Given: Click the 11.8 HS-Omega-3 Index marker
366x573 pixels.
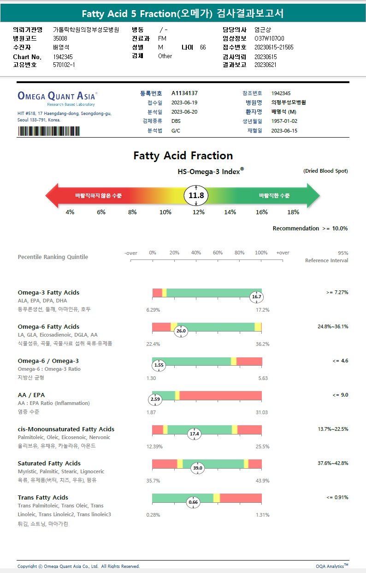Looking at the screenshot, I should (196, 196).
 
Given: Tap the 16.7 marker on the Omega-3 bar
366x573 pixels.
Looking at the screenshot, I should (257, 297).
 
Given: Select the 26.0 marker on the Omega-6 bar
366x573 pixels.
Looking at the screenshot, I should (181, 331).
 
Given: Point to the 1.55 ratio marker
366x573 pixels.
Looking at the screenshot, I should (159, 365).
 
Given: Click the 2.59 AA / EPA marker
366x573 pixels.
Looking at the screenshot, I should (155, 399).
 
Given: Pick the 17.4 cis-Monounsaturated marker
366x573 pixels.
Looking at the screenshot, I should (195, 434).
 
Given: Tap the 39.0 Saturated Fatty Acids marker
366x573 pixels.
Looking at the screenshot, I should (198, 468).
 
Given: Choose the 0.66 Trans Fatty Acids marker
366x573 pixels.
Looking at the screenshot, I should (194, 502).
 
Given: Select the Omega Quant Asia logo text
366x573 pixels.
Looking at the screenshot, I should (57, 96).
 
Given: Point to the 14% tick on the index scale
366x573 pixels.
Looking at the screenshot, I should (230, 212).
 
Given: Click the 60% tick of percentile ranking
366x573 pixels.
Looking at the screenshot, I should (218, 253).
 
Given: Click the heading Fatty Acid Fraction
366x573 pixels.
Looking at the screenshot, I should (183, 156).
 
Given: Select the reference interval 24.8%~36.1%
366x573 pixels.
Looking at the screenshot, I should (333, 326).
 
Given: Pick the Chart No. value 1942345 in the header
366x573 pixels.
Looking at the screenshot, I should (63, 57).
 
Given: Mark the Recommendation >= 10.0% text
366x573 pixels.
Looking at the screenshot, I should (310, 228).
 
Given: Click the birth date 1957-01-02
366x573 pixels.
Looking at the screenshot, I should (284, 121).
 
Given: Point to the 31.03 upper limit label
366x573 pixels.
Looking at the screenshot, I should (262, 412).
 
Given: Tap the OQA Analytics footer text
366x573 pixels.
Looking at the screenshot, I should (332, 566).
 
